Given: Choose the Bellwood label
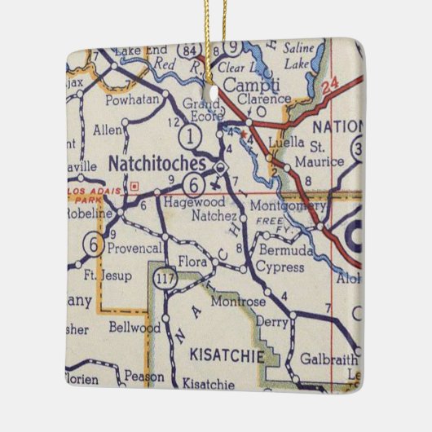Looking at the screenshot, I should [x=132, y=328].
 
